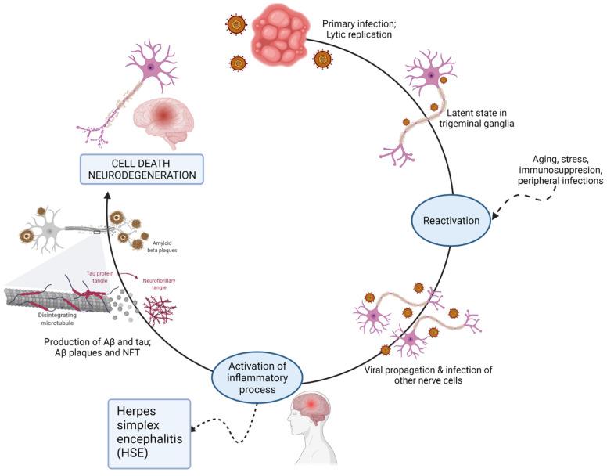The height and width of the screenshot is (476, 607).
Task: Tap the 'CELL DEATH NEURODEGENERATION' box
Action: click(142, 168)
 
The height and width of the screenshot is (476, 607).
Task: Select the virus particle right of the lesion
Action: click(321, 59)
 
